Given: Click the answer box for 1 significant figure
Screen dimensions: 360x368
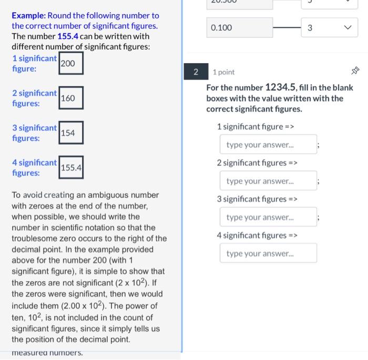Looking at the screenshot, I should [268, 145].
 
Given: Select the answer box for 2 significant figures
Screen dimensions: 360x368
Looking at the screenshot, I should [268, 181].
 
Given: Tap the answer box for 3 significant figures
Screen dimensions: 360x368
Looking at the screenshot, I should [268, 217].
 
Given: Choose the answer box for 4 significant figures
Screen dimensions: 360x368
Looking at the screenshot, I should [268, 254].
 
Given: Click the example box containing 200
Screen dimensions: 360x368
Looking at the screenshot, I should [70, 63].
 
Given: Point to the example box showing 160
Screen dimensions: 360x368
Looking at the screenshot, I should [70, 98].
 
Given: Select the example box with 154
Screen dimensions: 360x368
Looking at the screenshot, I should [70, 133].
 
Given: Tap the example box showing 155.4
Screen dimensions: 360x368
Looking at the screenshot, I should [70, 168].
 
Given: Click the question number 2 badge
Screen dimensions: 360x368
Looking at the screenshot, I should [196, 72].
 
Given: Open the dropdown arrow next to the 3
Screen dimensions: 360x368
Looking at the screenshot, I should [346, 28].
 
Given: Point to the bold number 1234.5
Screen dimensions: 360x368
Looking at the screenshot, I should [281, 87].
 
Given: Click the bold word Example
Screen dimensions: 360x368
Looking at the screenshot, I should [28, 15].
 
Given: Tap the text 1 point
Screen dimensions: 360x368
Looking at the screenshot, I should [224, 72].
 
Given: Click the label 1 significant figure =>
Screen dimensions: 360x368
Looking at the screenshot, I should [255, 127].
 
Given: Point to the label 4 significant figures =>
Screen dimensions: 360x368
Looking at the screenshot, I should [257, 236].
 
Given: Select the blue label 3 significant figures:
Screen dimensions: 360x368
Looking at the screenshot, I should [34, 133].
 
